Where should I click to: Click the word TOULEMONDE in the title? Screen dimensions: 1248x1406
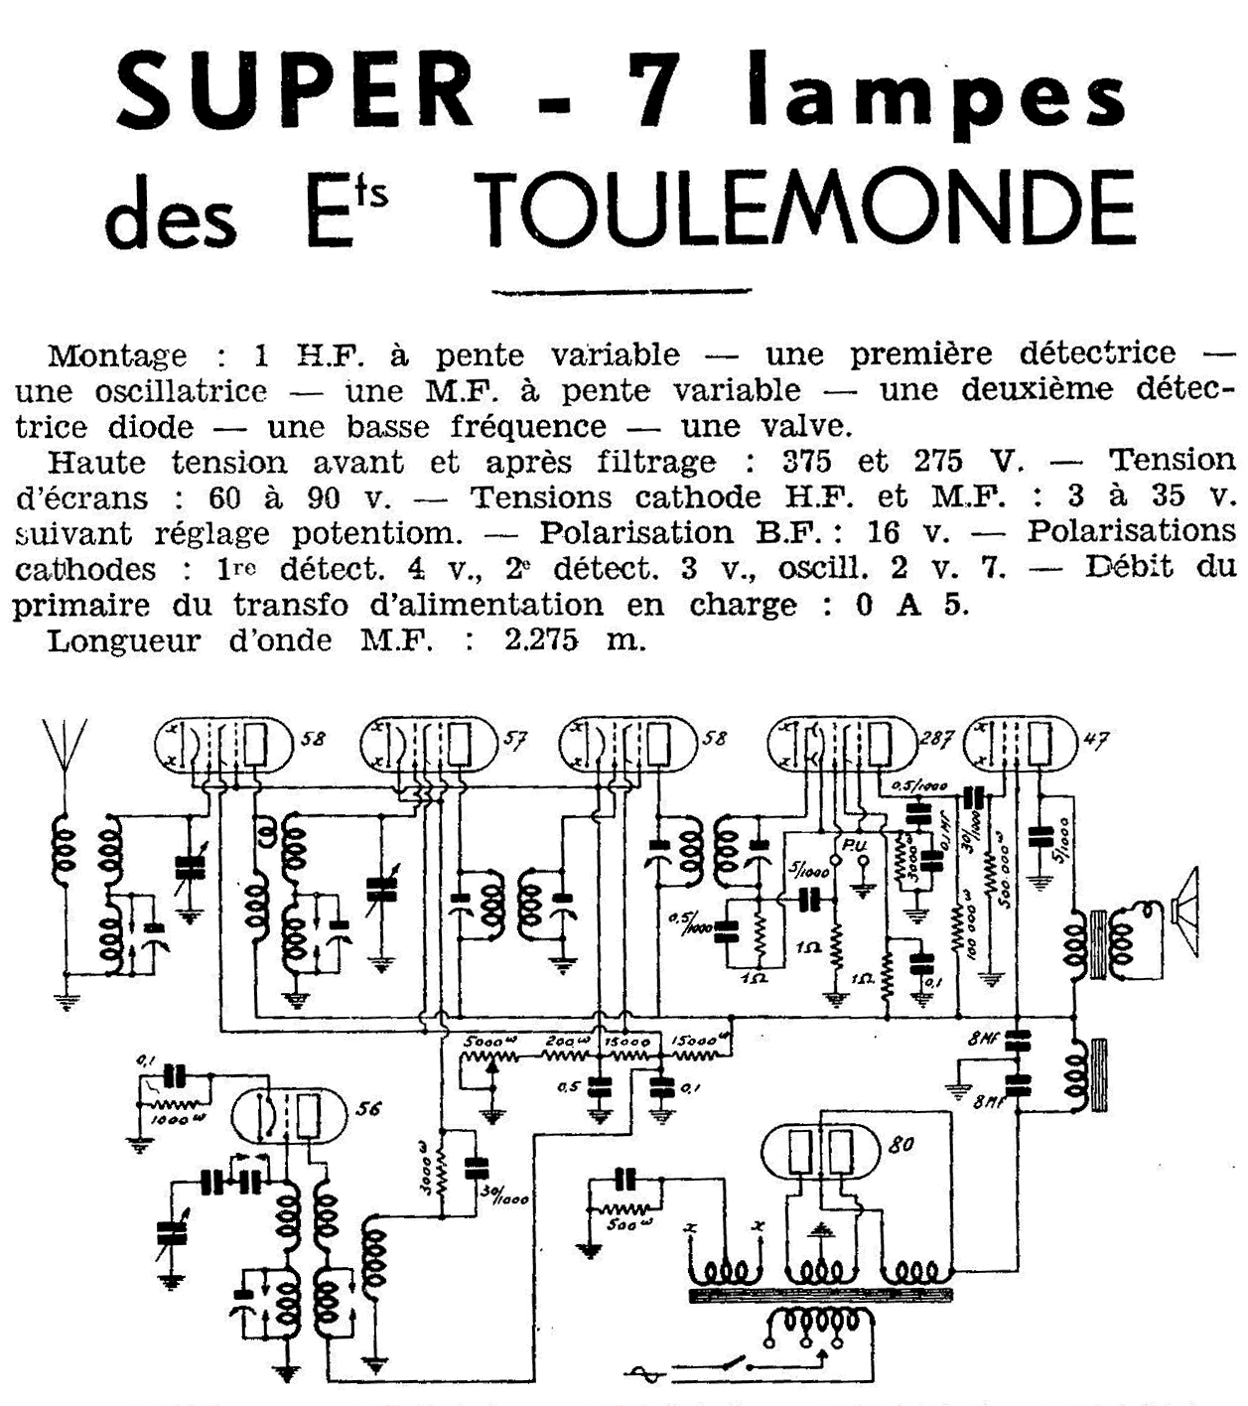[x=808, y=211]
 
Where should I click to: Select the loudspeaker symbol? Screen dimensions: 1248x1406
[x=1184, y=908]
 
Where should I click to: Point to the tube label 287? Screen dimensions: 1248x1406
[x=936, y=738]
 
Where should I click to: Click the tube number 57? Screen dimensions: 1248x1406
[x=515, y=740]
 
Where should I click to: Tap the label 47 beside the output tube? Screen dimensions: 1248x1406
[x=1093, y=740]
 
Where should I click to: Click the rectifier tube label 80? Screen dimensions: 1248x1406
[x=901, y=1144]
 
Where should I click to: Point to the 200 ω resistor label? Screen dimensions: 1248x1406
[x=565, y=1043]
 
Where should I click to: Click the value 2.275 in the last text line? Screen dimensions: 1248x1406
[x=541, y=640]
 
